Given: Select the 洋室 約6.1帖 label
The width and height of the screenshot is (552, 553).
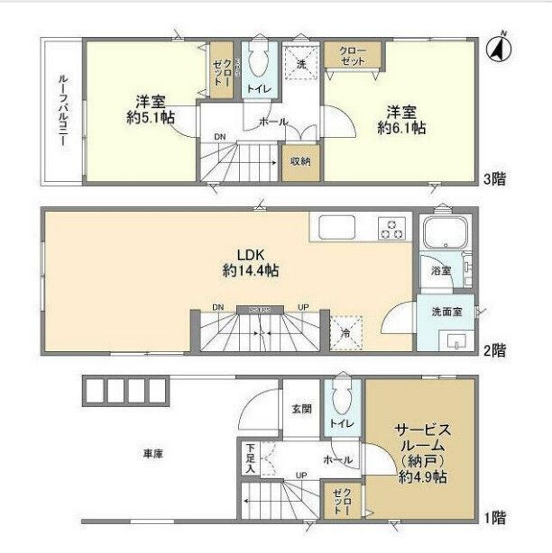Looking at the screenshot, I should click(x=400, y=119).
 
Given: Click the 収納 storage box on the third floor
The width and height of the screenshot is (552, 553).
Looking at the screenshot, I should click(x=300, y=162).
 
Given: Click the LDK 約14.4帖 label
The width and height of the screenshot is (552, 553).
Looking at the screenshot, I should click(x=244, y=261).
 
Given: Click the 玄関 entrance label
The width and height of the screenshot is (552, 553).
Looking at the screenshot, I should click(x=301, y=409).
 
